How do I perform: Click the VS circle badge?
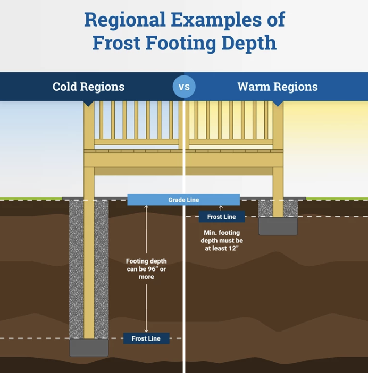tap(184, 87)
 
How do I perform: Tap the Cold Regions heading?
tap(88, 87)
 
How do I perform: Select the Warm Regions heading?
tap(277, 87)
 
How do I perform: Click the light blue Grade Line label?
tap(183, 200)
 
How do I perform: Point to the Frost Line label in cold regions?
tap(146, 338)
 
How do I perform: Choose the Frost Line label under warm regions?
tap(221, 217)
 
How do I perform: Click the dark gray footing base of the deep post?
tap(89, 348)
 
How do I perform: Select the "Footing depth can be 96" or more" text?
tap(146, 269)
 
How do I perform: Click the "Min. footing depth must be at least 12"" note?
tap(222, 240)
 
